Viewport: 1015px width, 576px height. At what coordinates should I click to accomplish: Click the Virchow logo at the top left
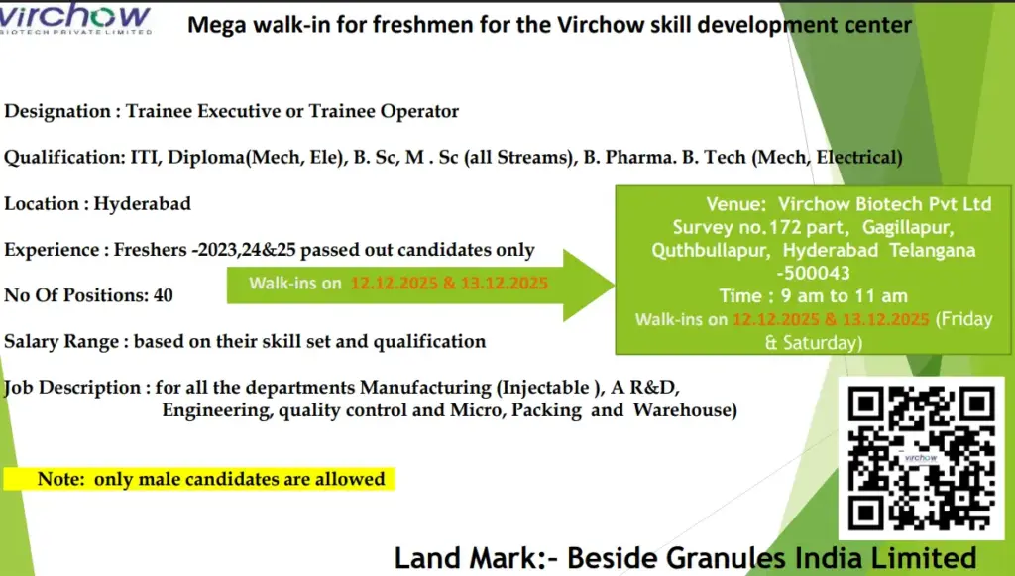click(x=78, y=18)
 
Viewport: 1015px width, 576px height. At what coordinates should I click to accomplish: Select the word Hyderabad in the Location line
click(x=143, y=203)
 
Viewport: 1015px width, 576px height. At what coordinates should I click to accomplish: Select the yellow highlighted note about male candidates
click(x=198, y=479)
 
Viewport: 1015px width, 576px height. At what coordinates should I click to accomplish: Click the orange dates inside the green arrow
click(x=449, y=283)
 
